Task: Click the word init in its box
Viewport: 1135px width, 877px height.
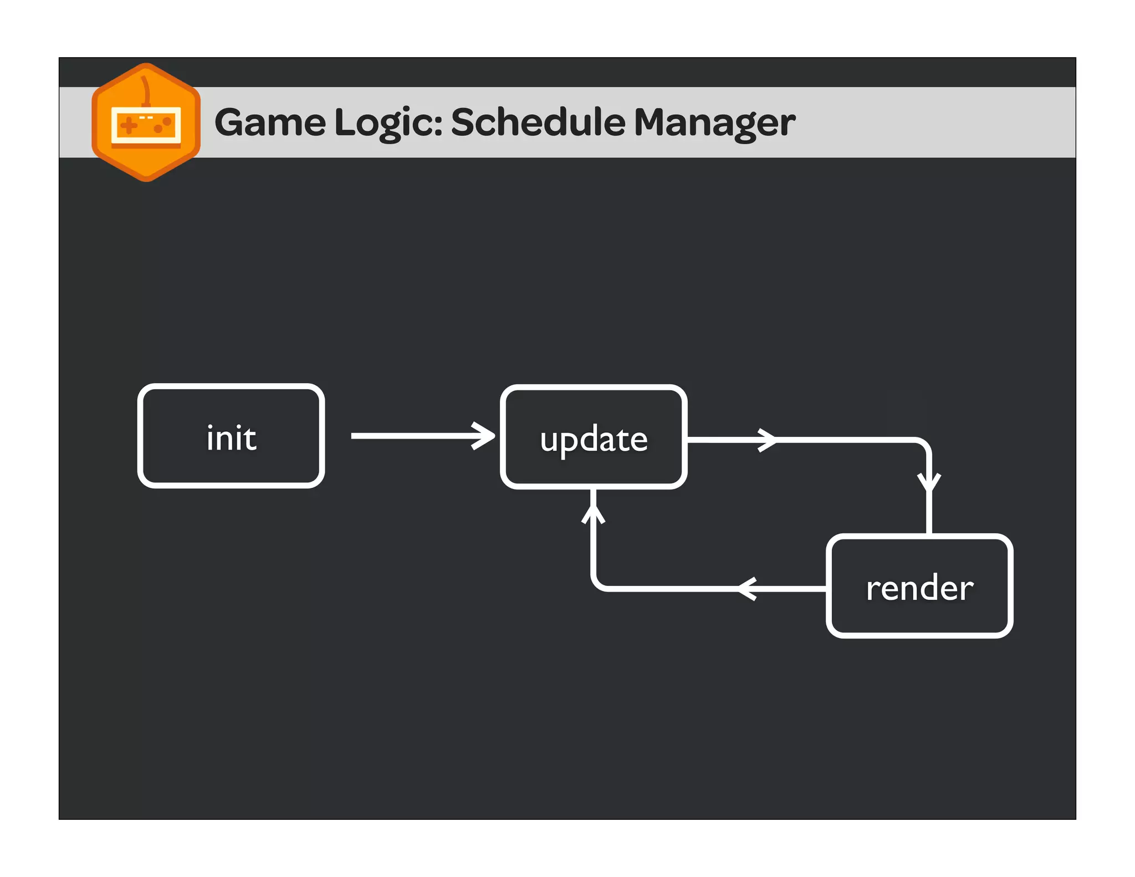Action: [x=231, y=438]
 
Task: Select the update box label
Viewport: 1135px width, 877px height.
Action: [x=594, y=440]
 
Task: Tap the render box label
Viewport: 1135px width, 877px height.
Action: [x=919, y=588]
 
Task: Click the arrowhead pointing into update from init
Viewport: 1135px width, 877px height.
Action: [x=485, y=436]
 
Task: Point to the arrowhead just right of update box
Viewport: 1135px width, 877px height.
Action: [x=768, y=440]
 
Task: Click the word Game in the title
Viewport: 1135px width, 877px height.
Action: [x=270, y=122]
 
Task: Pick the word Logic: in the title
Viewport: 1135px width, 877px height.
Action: [x=388, y=122]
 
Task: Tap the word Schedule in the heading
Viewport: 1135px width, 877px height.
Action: [x=538, y=122]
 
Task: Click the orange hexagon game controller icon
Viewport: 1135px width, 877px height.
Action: [x=146, y=123]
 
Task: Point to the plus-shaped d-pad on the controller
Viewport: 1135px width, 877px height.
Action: [x=129, y=125]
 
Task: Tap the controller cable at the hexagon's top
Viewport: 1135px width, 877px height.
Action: [x=146, y=89]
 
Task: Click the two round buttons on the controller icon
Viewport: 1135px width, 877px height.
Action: [x=162, y=125]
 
